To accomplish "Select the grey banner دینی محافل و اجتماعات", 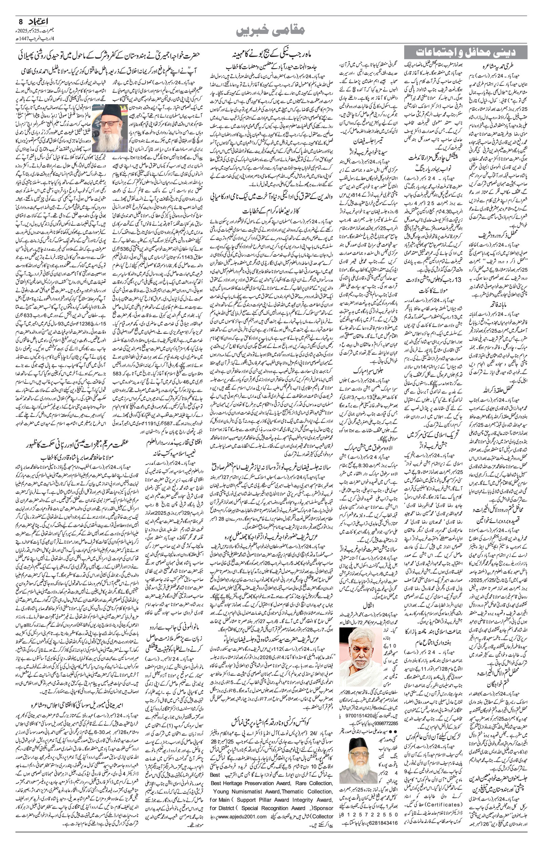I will [x=465, y=53].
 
